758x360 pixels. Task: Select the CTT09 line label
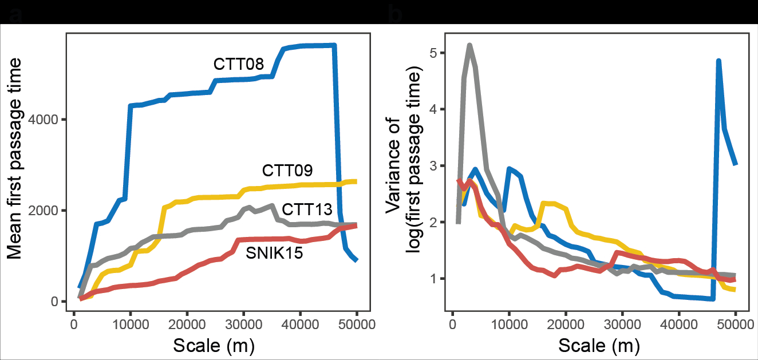[287, 171]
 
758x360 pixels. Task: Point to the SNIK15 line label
[274, 252]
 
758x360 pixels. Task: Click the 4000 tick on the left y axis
[50, 120]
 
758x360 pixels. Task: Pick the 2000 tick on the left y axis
[50, 211]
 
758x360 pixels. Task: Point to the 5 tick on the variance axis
[432, 53]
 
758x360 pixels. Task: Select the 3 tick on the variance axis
[432, 166]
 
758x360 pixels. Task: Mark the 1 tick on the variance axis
[432, 279]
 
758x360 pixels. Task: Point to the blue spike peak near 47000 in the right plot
[718, 60]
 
